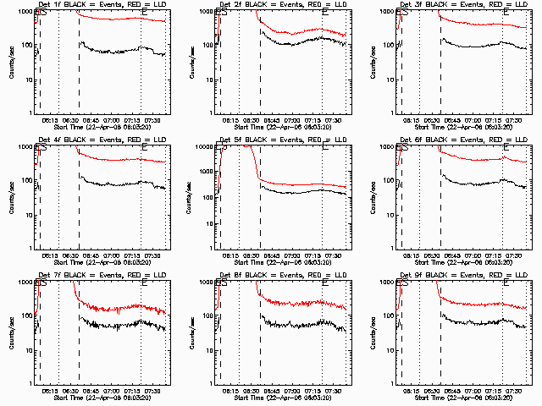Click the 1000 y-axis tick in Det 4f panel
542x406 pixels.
coord(23,148)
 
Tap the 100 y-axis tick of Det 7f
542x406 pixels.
coord(25,316)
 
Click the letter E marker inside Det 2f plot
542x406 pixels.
coord(325,14)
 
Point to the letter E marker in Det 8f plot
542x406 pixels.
coord(325,284)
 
